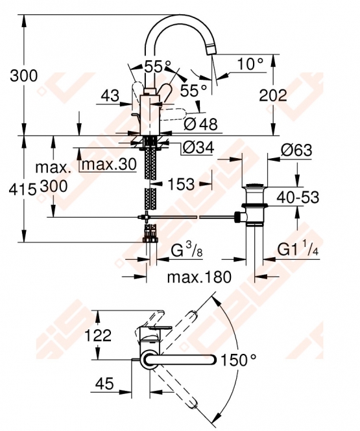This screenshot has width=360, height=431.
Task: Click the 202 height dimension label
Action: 273,96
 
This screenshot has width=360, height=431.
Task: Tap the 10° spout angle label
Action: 250,64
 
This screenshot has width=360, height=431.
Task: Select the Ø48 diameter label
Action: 200,124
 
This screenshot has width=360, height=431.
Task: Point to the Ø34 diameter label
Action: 198,148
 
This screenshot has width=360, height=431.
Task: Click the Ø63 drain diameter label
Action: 296,150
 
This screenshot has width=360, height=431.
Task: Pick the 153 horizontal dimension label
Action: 181,184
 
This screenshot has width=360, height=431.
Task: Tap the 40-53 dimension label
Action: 298,197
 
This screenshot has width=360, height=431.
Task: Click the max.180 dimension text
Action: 199,277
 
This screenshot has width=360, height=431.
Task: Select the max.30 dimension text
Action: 109,165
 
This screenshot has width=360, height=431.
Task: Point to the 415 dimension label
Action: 23,190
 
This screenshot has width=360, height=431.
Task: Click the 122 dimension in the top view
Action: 98,335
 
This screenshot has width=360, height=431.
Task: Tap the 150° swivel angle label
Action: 239,360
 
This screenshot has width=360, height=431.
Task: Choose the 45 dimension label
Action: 104,383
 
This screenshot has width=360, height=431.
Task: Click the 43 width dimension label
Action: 110,96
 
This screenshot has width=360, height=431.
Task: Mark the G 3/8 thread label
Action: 187,250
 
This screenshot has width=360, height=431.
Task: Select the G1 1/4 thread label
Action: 298,250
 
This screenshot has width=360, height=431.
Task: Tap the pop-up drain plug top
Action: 254,185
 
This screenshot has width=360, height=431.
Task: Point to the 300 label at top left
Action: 23,76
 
